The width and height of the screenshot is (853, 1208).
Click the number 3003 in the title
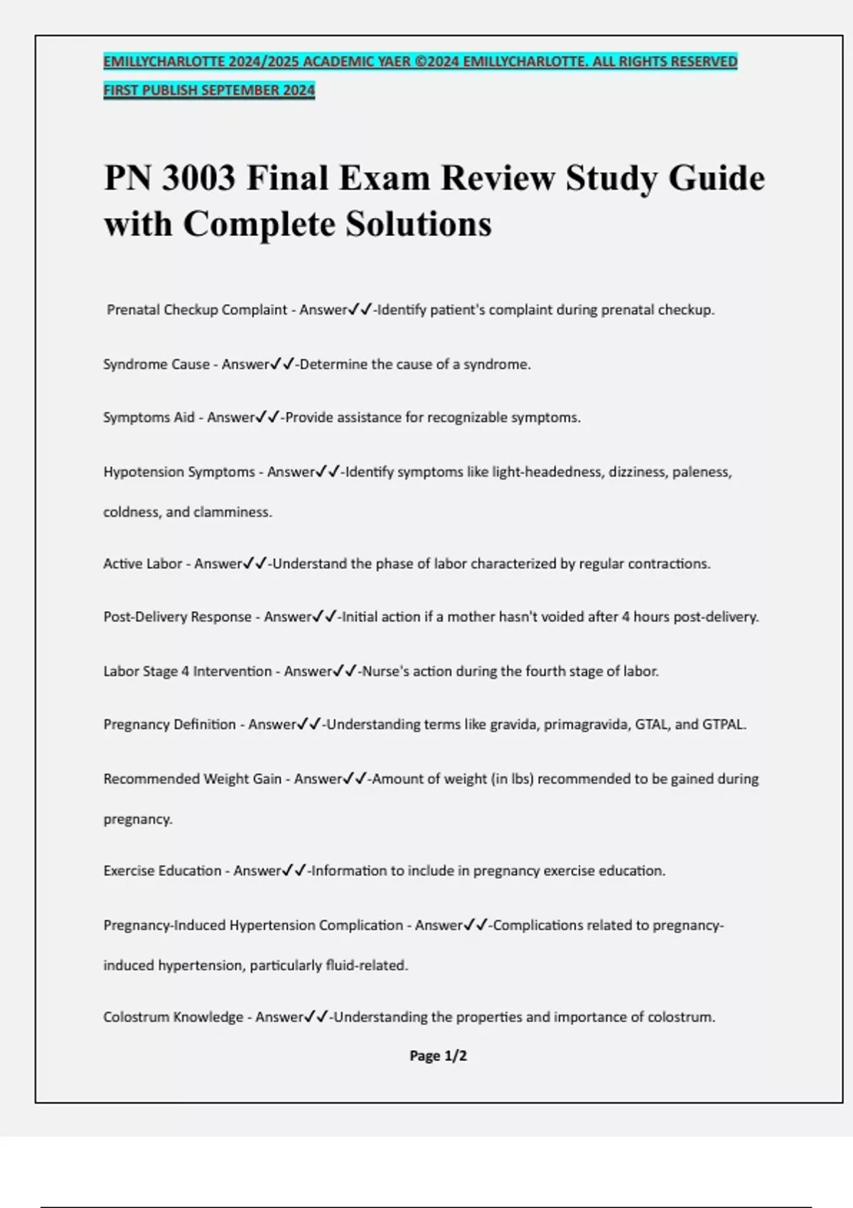click(198, 178)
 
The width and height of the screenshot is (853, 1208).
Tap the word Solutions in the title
click(419, 224)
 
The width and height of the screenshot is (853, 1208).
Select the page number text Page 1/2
click(438, 1056)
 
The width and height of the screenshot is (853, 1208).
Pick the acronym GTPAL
click(724, 725)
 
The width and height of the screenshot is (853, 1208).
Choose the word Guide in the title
click(717, 178)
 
